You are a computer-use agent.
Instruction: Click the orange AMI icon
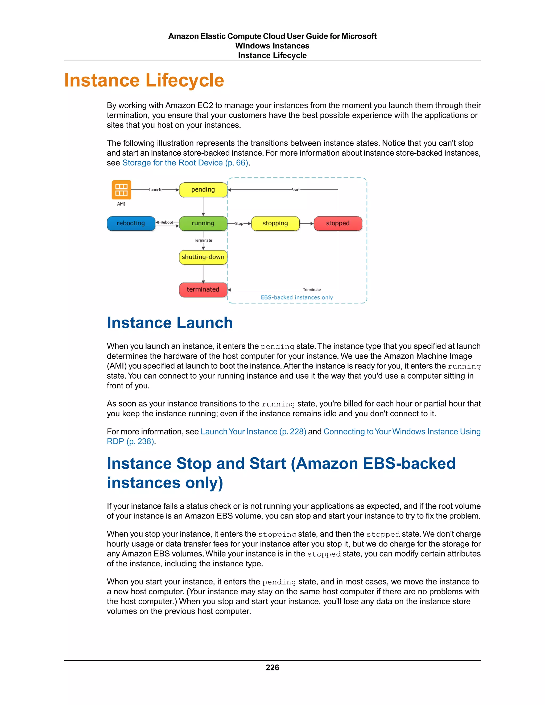[x=121, y=189]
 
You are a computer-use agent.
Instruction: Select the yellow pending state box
[x=203, y=189]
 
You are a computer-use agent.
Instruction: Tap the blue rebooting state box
[x=131, y=223]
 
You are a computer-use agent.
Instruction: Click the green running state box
[x=203, y=223]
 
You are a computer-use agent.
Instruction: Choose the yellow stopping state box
[x=275, y=223]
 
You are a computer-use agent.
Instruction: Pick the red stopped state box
[x=338, y=223]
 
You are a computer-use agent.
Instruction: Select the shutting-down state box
[x=203, y=257]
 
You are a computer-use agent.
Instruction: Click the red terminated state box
[x=203, y=289]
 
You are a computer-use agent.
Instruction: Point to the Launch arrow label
[x=155, y=190]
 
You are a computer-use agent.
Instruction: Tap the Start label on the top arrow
[x=295, y=190]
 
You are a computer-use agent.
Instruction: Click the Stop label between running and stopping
[x=239, y=223]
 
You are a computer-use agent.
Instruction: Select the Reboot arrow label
[x=167, y=222]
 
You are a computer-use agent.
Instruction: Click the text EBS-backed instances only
[x=297, y=297]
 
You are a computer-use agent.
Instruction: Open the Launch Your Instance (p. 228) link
[x=253, y=432]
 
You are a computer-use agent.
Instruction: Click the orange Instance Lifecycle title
[x=144, y=80]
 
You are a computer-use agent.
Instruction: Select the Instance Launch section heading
[x=170, y=323]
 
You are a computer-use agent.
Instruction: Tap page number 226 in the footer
[x=272, y=667]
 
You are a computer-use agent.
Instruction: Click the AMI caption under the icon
[x=121, y=204]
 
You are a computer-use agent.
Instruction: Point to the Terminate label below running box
[x=203, y=240]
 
